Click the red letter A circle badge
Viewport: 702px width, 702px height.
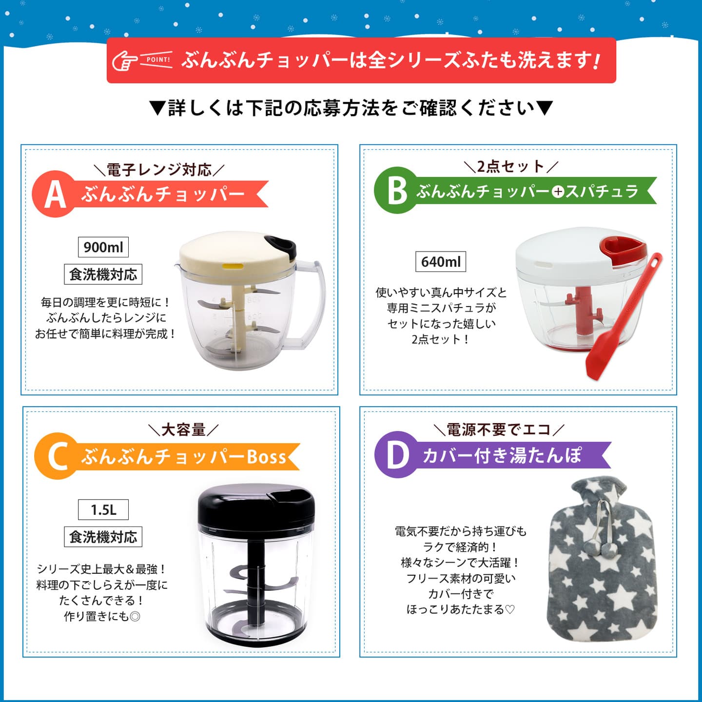point(55,194)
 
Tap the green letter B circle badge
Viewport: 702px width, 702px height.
point(397,190)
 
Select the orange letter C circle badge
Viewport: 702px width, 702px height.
point(58,456)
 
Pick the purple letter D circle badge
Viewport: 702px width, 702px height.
point(398,455)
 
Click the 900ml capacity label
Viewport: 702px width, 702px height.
point(103,247)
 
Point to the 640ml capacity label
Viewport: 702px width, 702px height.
point(441,262)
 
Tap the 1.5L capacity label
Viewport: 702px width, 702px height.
point(103,509)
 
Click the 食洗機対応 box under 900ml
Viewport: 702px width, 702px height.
point(103,274)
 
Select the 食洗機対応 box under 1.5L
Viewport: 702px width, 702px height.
point(103,537)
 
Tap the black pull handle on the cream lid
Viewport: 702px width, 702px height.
point(280,245)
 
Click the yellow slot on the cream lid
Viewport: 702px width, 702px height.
point(233,266)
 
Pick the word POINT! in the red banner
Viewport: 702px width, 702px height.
point(158,60)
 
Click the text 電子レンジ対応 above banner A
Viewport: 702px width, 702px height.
point(159,170)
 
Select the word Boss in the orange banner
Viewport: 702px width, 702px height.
point(266,457)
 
